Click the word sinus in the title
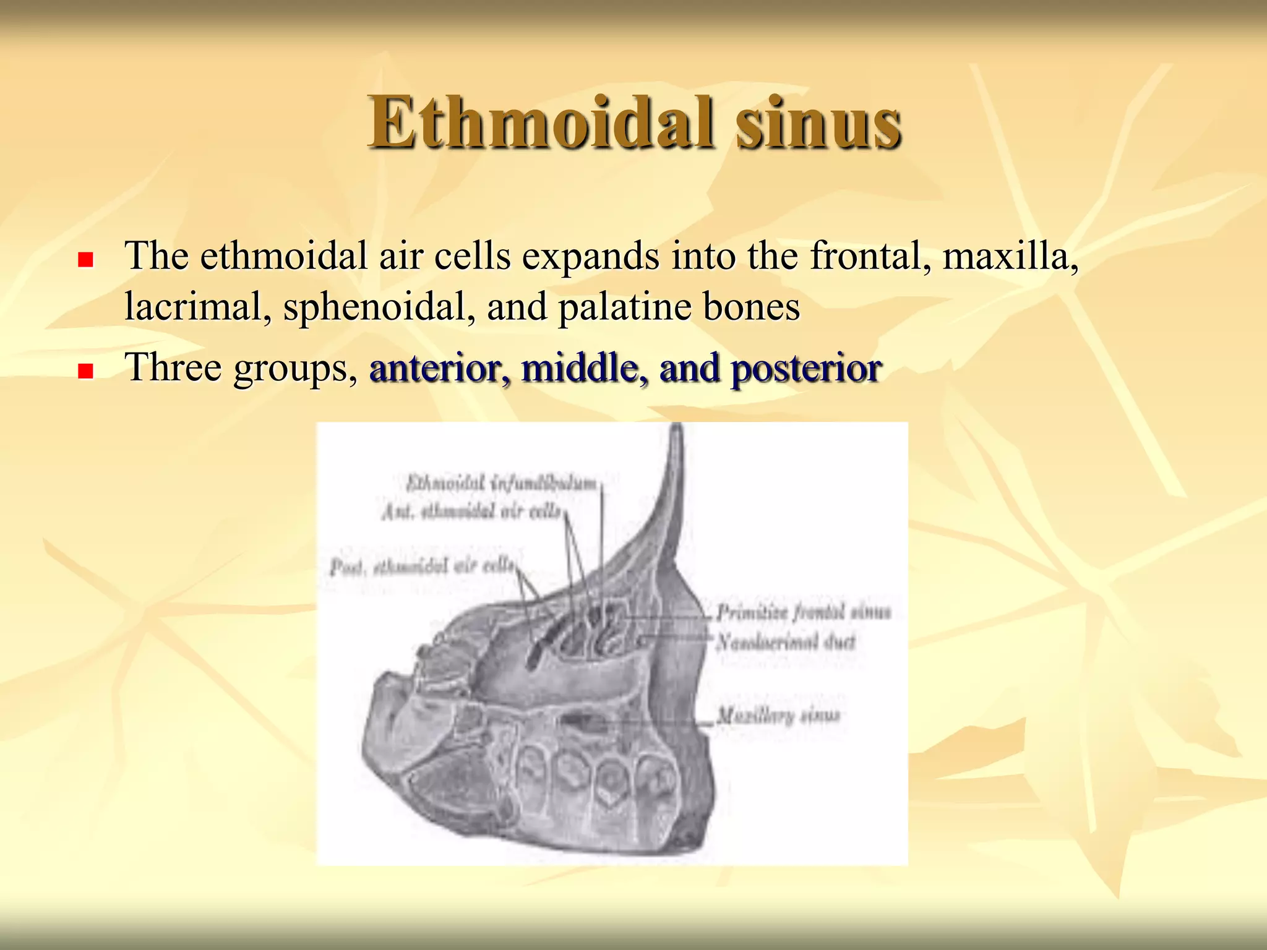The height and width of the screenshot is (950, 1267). click(x=818, y=124)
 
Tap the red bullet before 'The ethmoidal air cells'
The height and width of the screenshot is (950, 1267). click(x=85, y=259)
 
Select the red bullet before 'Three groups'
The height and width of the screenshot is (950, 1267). click(x=85, y=371)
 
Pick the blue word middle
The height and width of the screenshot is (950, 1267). click(x=585, y=369)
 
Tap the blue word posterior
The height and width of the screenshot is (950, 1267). click(x=805, y=369)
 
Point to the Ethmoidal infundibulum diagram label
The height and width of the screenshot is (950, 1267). click(x=501, y=483)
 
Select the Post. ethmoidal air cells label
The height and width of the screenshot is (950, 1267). click(x=421, y=566)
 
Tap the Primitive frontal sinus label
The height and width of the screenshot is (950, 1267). click(x=803, y=612)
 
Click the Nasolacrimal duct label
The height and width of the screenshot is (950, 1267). click(x=786, y=642)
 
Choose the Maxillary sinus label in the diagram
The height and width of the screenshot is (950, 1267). click(x=778, y=716)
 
